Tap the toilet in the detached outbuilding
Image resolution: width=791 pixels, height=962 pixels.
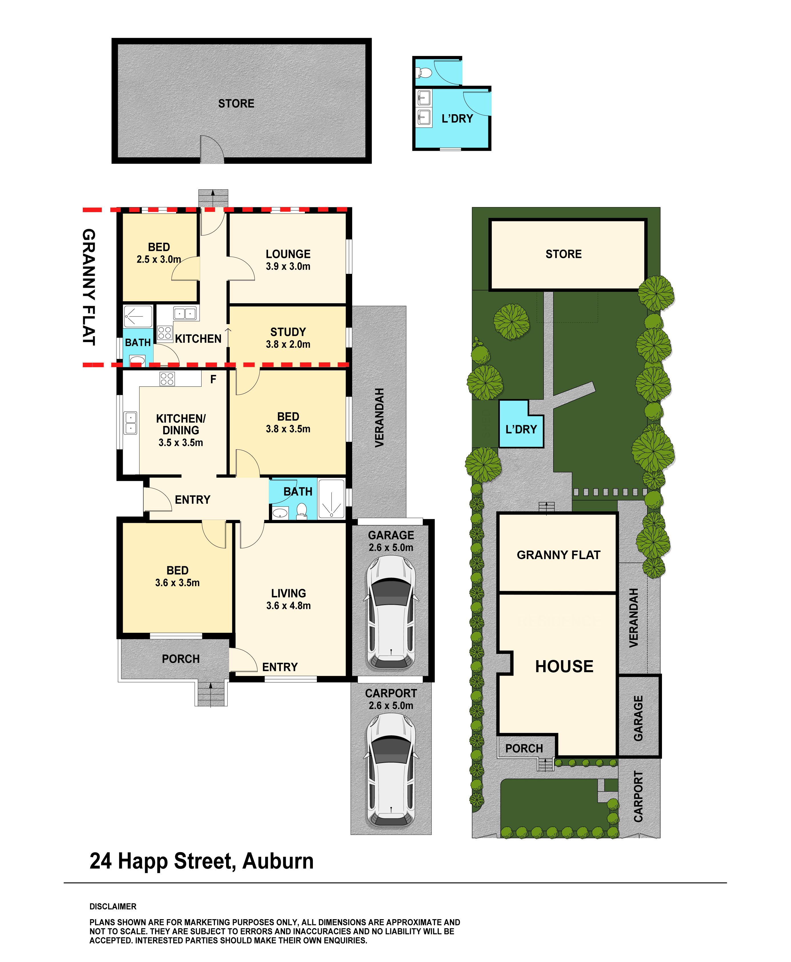tap(425, 72)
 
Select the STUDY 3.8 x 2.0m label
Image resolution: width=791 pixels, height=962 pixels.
tap(288, 338)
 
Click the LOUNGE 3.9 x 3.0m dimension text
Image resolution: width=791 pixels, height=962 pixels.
tap(288, 266)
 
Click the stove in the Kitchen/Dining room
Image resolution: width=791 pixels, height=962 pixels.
tap(167, 379)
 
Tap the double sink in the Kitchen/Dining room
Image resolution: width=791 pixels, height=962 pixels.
tap(130, 422)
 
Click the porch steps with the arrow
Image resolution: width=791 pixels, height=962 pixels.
tap(211, 693)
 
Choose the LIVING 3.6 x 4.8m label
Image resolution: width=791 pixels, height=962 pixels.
tap(288, 599)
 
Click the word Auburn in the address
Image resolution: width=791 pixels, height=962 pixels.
tap(278, 861)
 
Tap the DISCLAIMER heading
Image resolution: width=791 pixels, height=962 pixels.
tap(113, 906)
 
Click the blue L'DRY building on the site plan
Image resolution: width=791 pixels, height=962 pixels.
tap(521, 424)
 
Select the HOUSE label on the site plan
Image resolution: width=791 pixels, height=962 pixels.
tap(564, 666)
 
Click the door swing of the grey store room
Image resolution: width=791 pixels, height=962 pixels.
tap(212, 149)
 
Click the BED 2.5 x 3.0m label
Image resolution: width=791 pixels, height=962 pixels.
tap(158, 253)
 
